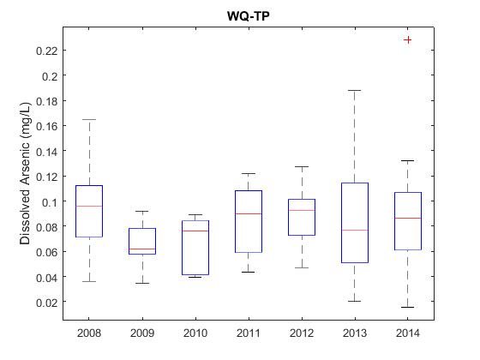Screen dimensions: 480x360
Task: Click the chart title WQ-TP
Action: (x=249, y=16)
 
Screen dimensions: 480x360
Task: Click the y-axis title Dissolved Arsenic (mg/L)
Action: (x=25, y=173)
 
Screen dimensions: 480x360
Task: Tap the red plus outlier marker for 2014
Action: (x=407, y=39)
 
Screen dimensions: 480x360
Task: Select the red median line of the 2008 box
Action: (x=89, y=206)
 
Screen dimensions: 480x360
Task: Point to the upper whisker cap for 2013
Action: (x=355, y=91)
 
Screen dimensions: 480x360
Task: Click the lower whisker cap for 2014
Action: (x=407, y=307)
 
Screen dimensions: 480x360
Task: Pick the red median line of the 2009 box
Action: (x=142, y=249)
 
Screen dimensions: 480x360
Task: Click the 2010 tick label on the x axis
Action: (x=195, y=333)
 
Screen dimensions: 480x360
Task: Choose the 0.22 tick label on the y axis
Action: (x=47, y=51)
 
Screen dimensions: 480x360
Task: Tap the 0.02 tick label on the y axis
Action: (x=47, y=303)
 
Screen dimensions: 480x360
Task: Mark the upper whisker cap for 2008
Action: (x=89, y=119)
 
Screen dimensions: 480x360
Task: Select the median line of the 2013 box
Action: (x=355, y=230)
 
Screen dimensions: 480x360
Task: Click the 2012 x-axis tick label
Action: (x=302, y=333)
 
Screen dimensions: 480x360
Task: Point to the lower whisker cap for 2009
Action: (x=142, y=283)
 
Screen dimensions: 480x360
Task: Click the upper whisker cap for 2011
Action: (x=249, y=173)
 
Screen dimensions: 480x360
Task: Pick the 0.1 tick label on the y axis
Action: (x=50, y=202)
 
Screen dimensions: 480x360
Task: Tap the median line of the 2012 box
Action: (x=302, y=210)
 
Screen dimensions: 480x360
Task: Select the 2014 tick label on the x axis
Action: (x=407, y=333)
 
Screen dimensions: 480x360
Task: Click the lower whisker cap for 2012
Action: (x=302, y=267)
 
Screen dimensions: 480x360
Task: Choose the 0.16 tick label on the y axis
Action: (x=47, y=126)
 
